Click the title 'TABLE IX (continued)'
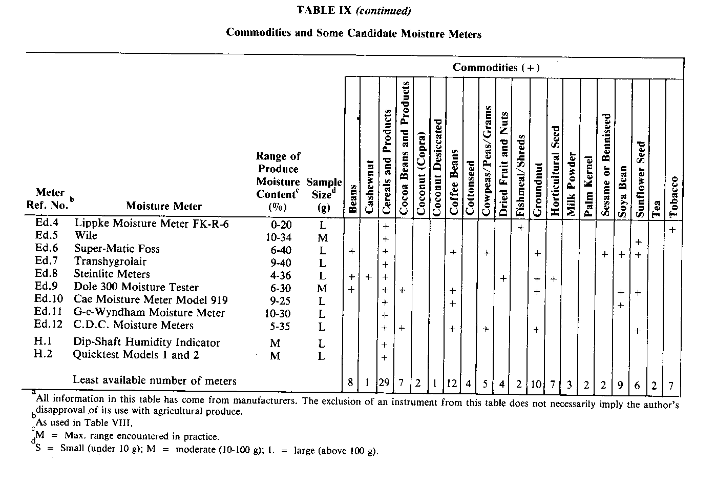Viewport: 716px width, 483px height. pyautogui.click(x=353, y=10)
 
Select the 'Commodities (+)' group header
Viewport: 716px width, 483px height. pyautogui.click(x=496, y=67)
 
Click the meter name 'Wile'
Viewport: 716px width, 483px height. pyautogui.click(x=86, y=236)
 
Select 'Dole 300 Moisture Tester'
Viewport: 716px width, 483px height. pyautogui.click(x=136, y=287)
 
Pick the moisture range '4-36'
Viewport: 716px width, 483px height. pyautogui.click(x=279, y=275)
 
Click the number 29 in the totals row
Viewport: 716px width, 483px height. pyautogui.click(x=385, y=384)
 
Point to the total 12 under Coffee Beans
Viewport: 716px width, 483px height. pyautogui.click(x=452, y=384)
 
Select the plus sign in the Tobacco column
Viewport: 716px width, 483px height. pyautogui.click(x=672, y=230)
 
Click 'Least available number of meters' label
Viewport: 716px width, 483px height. pyautogui.click(x=154, y=380)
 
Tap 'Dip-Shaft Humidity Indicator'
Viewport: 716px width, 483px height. pyautogui.click(x=146, y=342)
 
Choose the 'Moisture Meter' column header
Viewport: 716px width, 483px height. pyautogui.click(x=164, y=206)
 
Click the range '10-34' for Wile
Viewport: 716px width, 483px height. pyautogui.click(x=279, y=237)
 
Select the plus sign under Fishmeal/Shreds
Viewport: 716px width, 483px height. pyautogui.click(x=520, y=227)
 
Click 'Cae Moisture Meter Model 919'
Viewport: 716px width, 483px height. pyautogui.click(x=151, y=300)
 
